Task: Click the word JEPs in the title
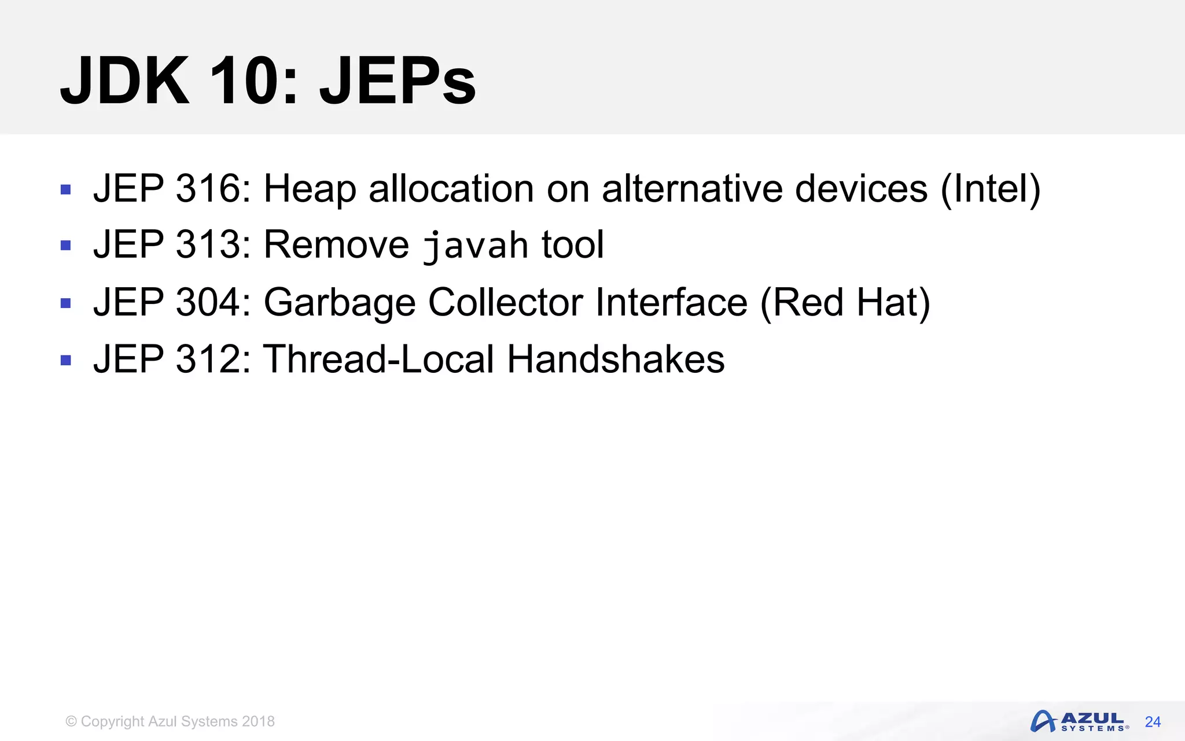pyautogui.click(x=398, y=81)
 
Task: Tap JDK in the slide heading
pyautogui.click(x=125, y=81)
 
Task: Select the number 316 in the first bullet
pyautogui.click(x=208, y=189)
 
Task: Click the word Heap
pyautogui.click(x=310, y=189)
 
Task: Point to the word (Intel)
pyautogui.click(x=990, y=189)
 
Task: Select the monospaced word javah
pyautogui.click(x=475, y=245)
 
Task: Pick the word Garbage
pyautogui.click(x=340, y=302)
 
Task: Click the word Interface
pyautogui.click(x=671, y=302)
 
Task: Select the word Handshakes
pyautogui.click(x=616, y=359)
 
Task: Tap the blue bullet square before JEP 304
pyautogui.click(x=66, y=303)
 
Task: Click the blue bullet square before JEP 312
pyautogui.click(x=66, y=361)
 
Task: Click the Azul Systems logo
pyautogui.click(x=1080, y=721)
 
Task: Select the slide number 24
pyautogui.click(x=1153, y=722)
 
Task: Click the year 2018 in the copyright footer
pyautogui.click(x=258, y=721)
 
